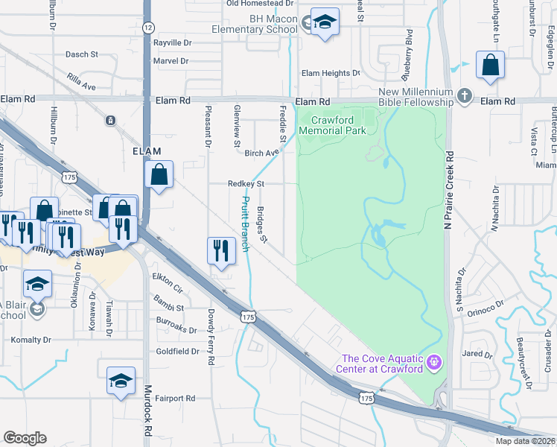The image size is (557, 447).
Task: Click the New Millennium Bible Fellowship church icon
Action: tap(465, 95)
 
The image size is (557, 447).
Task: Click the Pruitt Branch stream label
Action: tap(245, 223)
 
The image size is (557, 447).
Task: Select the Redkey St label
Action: tap(246, 183)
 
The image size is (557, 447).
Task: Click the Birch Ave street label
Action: tap(261, 153)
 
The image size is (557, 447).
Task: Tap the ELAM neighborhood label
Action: tap(147, 150)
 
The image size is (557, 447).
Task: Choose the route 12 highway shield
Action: tap(148, 28)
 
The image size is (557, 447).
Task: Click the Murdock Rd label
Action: tap(148, 410)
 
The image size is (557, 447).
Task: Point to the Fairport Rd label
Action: tap(176, 399)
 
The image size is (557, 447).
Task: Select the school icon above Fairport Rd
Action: tap(121, 381)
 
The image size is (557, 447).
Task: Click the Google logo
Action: tap(25, 438)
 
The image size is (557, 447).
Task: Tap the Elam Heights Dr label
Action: tap(330, 73)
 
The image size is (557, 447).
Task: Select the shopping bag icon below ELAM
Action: tap(159, 176)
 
